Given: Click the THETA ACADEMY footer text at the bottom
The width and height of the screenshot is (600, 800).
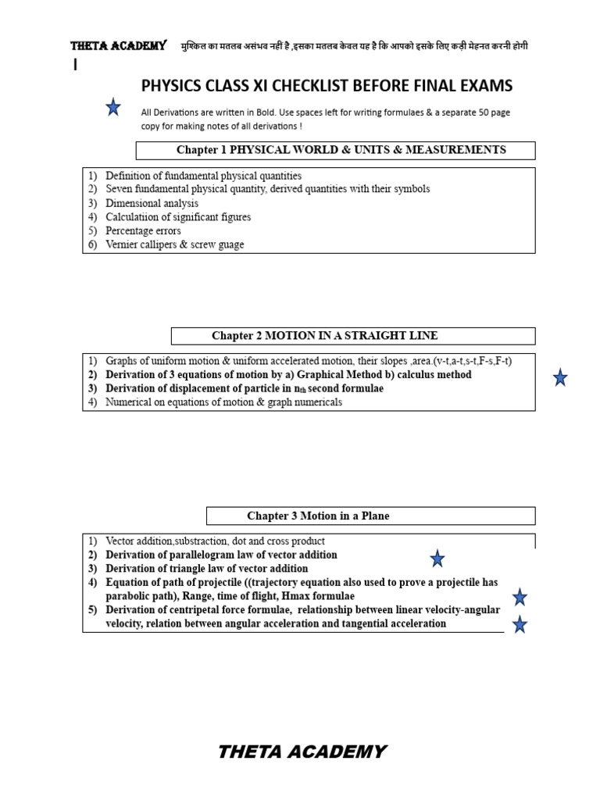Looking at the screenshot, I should [x=302, y=752].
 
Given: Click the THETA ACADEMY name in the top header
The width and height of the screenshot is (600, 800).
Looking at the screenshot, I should [x=118, y=46].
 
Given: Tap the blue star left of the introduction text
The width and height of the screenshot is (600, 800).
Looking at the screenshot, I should [x=113, y=108].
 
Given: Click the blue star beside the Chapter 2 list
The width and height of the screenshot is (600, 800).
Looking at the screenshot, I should [x=559, y=378].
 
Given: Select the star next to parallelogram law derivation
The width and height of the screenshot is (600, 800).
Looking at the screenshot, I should [x=437, y=558].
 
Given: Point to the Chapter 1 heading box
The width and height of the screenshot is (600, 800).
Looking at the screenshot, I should [x=336, y=150].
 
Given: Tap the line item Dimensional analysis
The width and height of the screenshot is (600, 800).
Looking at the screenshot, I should [x=152, y=203].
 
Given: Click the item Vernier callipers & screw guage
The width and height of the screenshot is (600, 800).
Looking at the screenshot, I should [x=174, y=245].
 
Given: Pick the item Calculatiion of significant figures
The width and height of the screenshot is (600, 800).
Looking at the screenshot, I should [x=178, y=217].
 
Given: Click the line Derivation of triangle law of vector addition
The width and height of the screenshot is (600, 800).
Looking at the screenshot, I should [x=206, y=569].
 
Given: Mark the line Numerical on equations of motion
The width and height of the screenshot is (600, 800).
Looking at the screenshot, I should [x=223, y=403].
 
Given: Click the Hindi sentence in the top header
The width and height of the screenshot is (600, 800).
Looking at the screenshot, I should [x=354, y=46].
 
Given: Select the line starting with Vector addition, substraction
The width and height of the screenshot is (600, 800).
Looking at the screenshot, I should [x=215, y=541].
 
